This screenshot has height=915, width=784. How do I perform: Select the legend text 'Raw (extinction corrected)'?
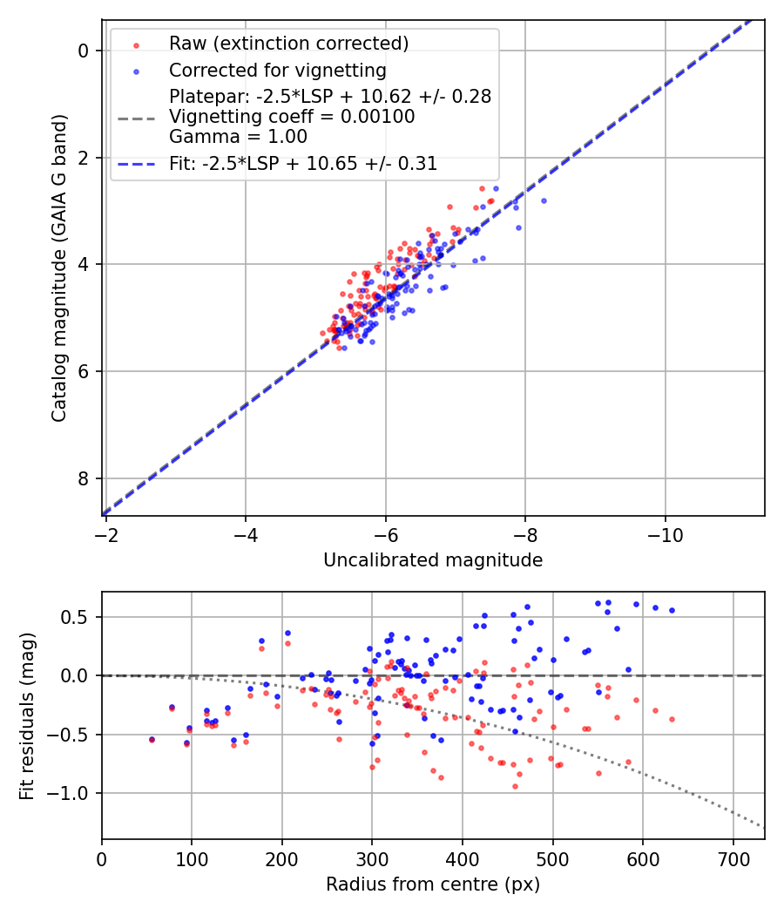coord(288,44)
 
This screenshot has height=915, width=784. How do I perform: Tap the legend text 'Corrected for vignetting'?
coord(278,70)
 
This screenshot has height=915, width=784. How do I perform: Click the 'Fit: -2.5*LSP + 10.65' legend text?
coord(303,163)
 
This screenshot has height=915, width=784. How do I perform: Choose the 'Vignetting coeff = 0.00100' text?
coord(292,117)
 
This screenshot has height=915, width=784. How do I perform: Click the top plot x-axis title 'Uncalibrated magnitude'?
coord(433,560)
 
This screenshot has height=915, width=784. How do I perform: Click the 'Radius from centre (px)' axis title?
coord(433,884)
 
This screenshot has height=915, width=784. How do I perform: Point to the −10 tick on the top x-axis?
coord(666,533)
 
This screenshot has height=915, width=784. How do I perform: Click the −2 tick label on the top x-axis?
coord(105,533)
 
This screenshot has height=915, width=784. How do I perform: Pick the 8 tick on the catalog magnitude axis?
coord(84,478)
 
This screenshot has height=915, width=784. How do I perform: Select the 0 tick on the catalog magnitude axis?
coord(84,51)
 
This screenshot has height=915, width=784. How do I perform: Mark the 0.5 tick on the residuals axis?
coord(78,617)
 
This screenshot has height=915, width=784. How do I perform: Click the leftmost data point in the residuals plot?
coord(152,739)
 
